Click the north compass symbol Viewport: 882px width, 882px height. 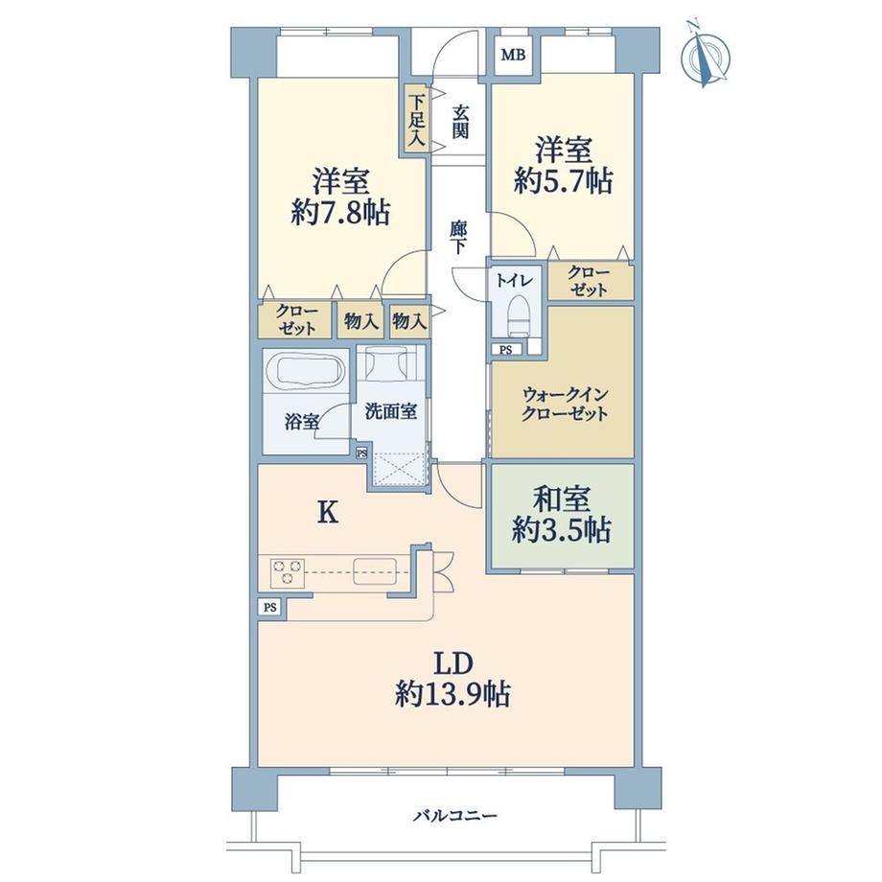click(x=705, y=55)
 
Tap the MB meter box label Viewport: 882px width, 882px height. click(x=513, y=56)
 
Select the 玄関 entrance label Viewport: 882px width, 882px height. click(x=460, y=122)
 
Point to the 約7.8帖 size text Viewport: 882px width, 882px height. click(x=341, y=214)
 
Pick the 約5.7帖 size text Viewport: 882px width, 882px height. click(x=563, y=182)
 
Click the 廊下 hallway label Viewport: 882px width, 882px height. click(x=459, y=238)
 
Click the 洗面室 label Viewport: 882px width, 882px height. click(x=391, y=411)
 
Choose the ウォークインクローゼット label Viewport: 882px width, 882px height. click(x=565, y=404)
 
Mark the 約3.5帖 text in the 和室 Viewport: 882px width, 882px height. click(x=562, y=530)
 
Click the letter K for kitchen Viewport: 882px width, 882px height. click(x=328, y=513)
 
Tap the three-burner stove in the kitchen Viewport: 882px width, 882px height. click(x=288, y=572)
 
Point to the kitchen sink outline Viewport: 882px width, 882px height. click(x=374, y=571)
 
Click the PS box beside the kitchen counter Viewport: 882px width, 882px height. click(x=270, y=608)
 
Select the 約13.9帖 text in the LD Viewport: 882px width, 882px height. click(x=453, y=694)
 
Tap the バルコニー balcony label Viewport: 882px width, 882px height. click(x=455, y=815)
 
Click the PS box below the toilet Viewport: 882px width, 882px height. click(x=506, y=350)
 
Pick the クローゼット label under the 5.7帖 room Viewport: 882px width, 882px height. click(x=589, y=281)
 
